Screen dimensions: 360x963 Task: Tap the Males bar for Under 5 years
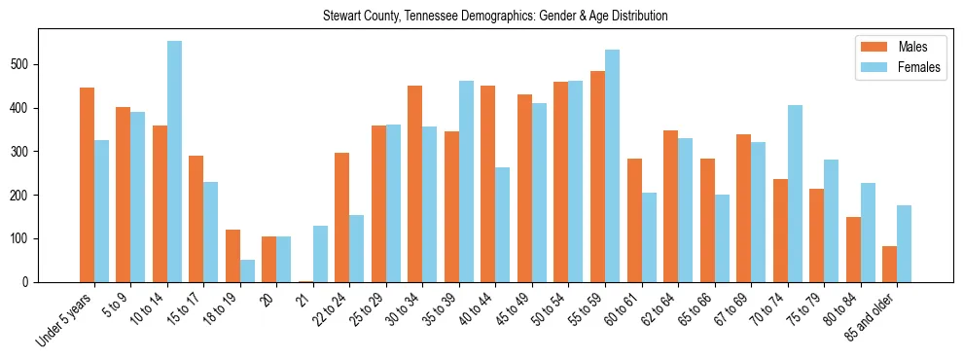point(87,185)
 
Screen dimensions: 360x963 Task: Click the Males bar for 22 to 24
point(341,217)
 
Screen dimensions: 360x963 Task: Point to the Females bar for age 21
point(320,254)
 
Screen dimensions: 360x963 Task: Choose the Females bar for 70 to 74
point(794,194)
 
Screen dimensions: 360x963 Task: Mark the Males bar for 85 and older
point(889,264)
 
